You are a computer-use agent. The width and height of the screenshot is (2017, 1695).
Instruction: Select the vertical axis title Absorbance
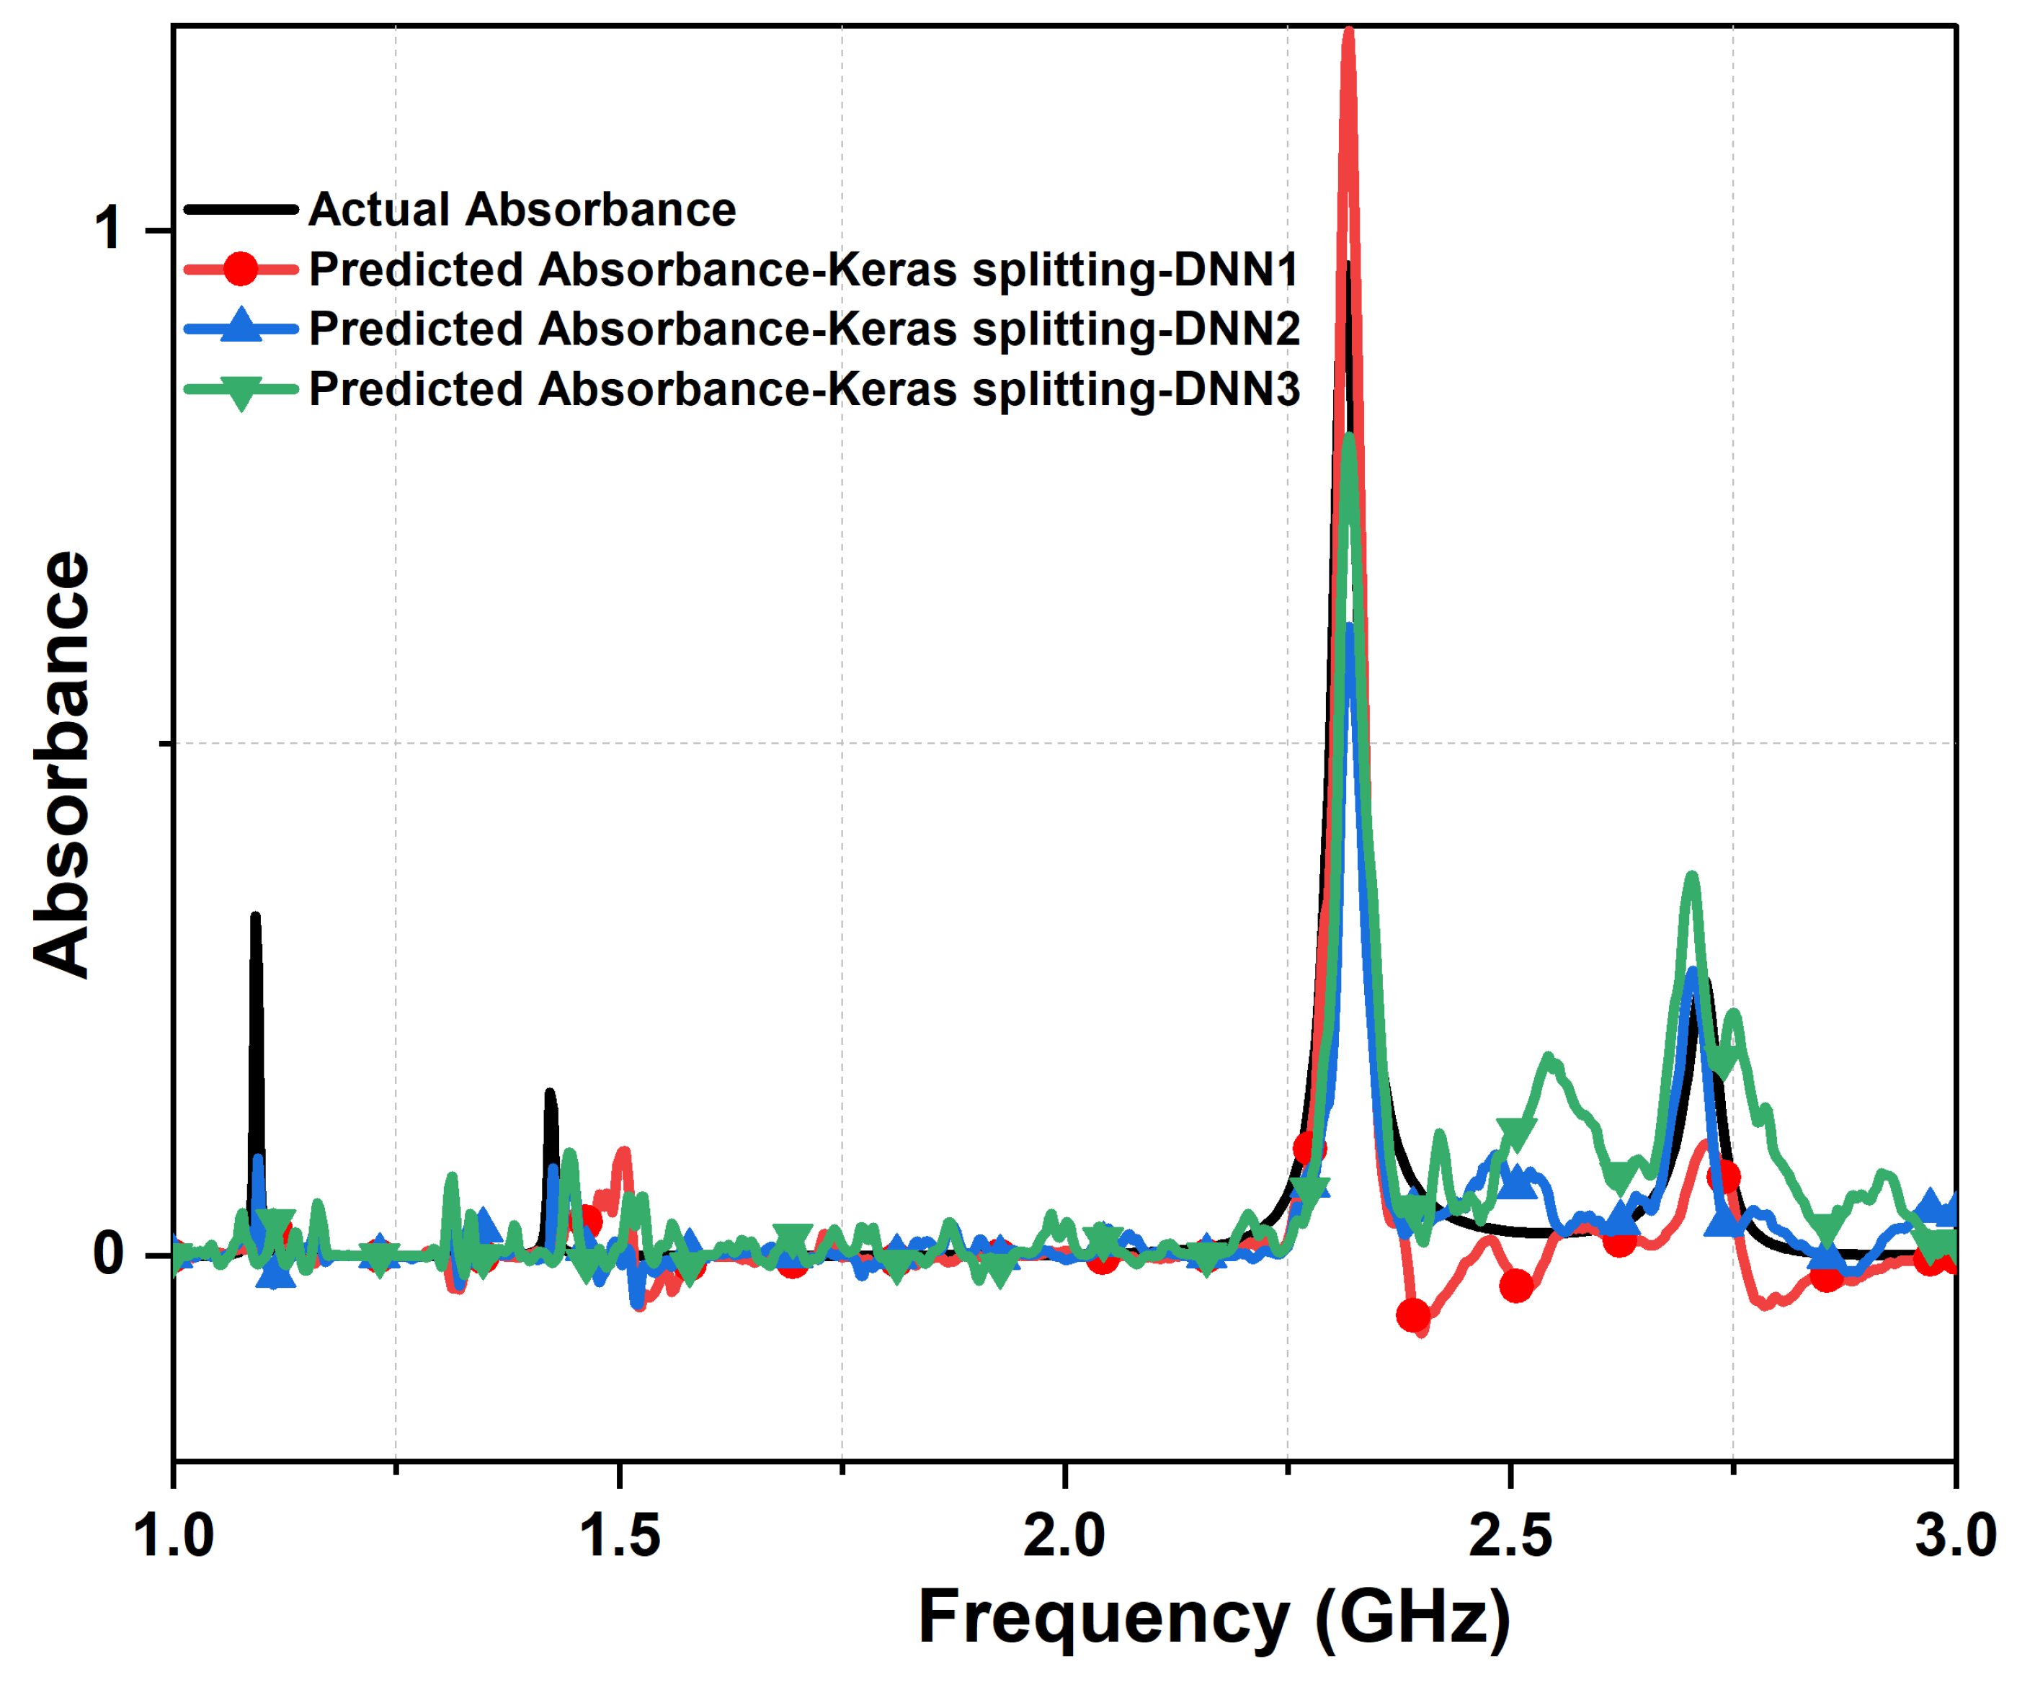click(63, 764)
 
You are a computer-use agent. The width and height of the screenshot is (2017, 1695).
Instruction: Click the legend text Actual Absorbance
click(522, 210)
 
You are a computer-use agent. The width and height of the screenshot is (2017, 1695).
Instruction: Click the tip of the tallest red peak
click(1348, 32)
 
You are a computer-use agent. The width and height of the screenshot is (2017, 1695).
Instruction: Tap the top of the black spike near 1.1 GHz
click(254, 916)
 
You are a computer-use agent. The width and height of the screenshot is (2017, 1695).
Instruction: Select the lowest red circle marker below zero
click(1412, 1315)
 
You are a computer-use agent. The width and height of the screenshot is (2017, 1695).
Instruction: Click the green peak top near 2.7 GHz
click(1692, 876)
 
